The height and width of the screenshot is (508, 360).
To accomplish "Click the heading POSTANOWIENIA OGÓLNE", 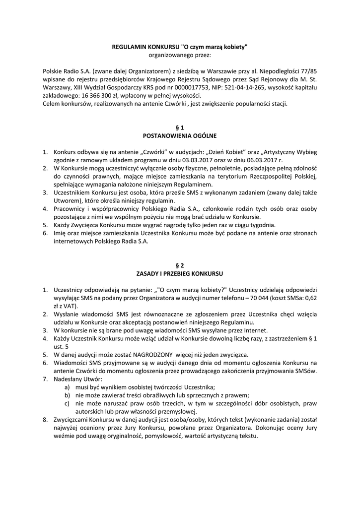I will click(x=180, y=135).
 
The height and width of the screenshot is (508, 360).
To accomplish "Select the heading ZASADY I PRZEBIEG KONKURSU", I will click(x=180, y=273).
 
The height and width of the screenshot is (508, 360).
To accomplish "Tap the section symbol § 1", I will click(x=180, y=127).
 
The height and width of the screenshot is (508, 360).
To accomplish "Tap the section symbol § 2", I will click(x=180, y=266).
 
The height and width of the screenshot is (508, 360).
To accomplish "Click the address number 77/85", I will click(x=308, y=71).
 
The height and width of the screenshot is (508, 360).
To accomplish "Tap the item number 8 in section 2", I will click(x=44, y=419).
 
